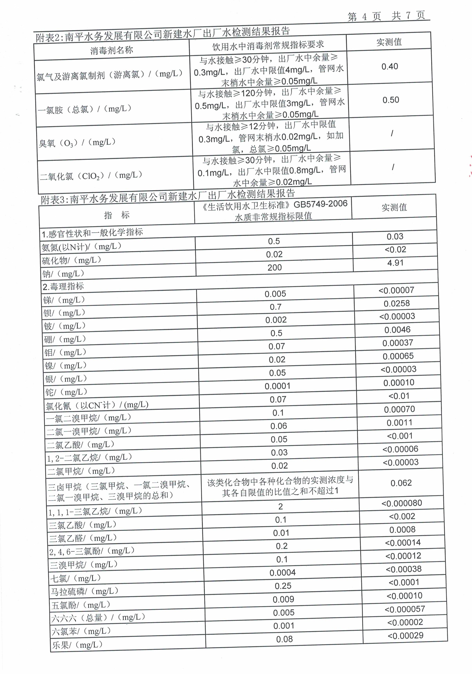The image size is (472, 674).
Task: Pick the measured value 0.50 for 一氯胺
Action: tap(391, 100)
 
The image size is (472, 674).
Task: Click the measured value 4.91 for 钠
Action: tap(395, 263)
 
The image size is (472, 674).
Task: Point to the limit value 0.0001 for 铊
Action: tap(277, 386)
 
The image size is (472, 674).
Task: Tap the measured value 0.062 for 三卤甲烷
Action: tap(401, 483)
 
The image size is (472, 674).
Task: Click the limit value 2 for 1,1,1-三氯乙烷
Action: tap(280, 506)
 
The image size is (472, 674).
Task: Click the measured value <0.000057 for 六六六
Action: tap(405, 609)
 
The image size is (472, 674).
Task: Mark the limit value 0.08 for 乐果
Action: tap(284, 639)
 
